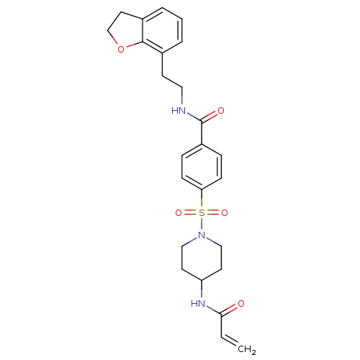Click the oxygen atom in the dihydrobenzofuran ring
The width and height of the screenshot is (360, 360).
121,49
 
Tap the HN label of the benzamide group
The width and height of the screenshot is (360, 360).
179,111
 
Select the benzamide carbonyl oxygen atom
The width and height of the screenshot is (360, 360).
221,111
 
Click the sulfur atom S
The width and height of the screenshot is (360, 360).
202,212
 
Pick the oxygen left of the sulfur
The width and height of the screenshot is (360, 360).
179,212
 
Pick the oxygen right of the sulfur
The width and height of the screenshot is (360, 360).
225,212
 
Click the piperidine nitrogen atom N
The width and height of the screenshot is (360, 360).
202,235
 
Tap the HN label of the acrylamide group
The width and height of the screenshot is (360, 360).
198,304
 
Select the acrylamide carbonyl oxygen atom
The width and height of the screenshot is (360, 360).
241,304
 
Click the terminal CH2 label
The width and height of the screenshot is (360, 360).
247,349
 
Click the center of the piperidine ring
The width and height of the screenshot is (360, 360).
202,258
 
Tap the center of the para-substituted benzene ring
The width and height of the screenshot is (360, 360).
202,167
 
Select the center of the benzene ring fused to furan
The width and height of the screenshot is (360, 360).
163,30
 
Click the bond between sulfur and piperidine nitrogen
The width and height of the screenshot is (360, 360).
202,224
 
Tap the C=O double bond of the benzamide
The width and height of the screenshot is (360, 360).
210,117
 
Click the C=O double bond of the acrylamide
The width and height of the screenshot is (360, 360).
230,310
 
